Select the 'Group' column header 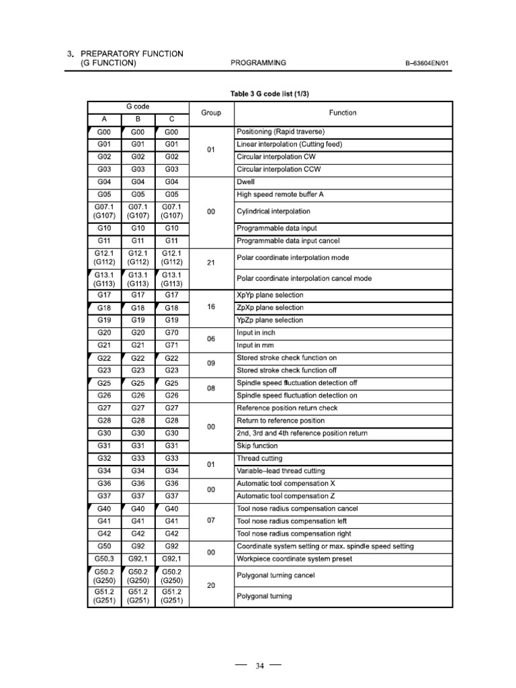(211, 113)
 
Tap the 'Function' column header (343, 113)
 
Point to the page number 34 (260, 666)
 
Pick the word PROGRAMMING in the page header (258, 63)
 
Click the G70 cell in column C (171, 333)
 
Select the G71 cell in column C (171, 345)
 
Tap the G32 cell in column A (104, 458)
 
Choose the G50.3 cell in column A (104, 559)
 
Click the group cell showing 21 (211, 263)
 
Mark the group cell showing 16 (211, 306)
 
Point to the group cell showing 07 (211, 521)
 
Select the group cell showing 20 (211, 585)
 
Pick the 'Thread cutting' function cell (259, 458)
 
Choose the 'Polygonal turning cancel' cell (275, 576)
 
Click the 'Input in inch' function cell (256, 333)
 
